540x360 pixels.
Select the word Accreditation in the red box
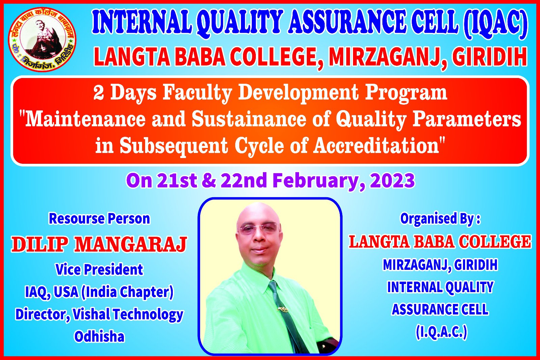pos(376,146)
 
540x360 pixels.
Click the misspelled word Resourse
pos(76,219)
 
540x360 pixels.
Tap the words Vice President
pos(99,269)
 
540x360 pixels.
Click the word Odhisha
pos(99,337)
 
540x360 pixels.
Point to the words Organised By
pos(437,219)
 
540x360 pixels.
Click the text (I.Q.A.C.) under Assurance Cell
pos(441,332)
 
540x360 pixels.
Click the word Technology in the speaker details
pos(148,315)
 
